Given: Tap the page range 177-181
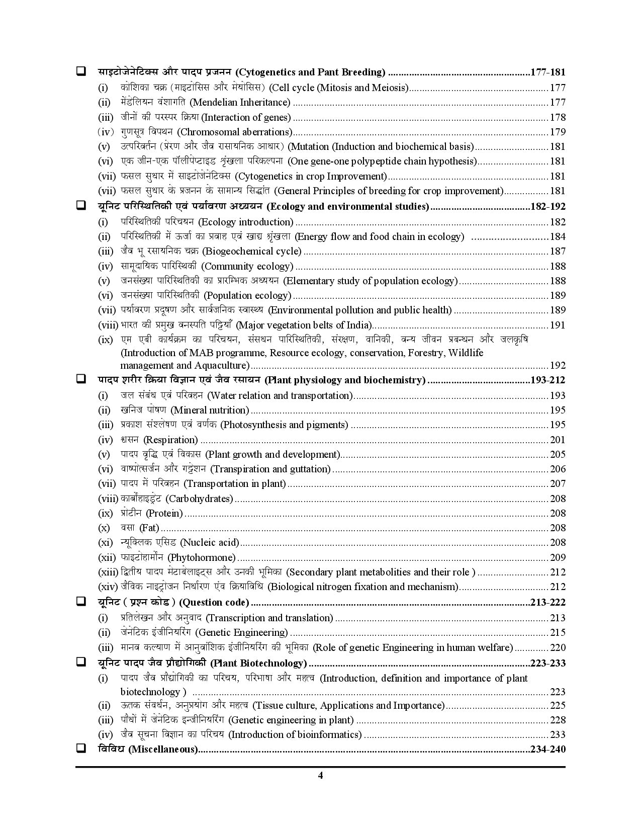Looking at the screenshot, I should click(548, 72).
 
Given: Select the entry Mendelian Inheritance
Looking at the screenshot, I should click(206, 103).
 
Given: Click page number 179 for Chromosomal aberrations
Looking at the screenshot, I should click(558, 132).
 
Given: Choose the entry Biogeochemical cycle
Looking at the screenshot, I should click(211, 252).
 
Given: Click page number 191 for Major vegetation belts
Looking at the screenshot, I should click(558, 325).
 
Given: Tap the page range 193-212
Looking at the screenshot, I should click(548, 380).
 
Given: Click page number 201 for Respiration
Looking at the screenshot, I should click(558, 440).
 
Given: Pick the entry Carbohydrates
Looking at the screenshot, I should click(176, 499).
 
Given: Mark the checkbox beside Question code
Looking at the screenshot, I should click(80, 602).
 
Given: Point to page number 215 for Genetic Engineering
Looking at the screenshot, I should click(558, 633).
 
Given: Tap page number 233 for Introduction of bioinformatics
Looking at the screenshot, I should click(558, 735).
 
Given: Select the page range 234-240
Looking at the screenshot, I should click(548, 750).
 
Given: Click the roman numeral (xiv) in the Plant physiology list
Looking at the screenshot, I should click(108, 587).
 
